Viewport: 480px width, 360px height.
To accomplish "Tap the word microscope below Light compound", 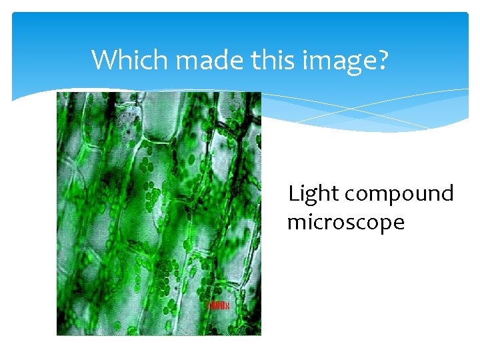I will tap(345, 222).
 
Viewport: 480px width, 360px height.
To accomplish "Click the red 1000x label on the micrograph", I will tap(217, 305).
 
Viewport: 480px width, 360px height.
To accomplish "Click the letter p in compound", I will tap(393, 197).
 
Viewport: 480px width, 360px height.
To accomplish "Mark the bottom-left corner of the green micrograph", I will tap(57, 335).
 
